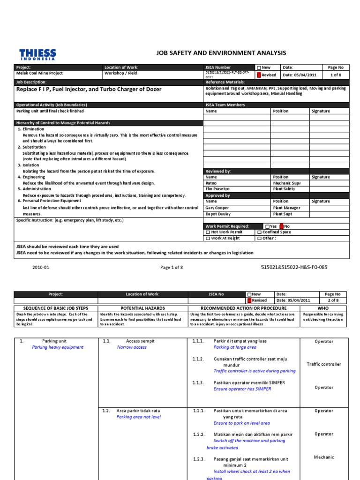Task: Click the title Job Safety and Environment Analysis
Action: [217, 53]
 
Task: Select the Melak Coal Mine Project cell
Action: [40, 73]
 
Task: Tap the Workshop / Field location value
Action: [120, 73]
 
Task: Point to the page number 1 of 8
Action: [336, 75]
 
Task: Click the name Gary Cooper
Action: [217, 208]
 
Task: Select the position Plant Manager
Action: [287, 208]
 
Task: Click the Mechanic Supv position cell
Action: [287, 183]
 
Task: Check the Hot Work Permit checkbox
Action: [208, 232]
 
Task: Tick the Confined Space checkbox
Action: [259, 232]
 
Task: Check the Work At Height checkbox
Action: [208, 238]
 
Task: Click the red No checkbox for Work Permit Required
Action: [281, 226]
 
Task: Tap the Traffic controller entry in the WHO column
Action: [324, 364]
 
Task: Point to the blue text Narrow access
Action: [132, 347]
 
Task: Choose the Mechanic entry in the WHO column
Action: [324, 457]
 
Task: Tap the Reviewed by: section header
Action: [218, 171]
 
